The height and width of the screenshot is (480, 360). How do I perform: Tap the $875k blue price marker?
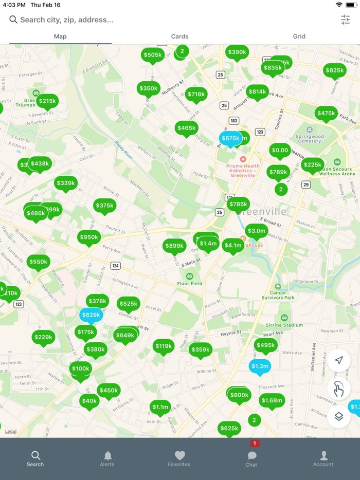pyautogui.click(x=230, y=138)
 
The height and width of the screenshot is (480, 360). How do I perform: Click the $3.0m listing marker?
pyautogui.click(x=256, y=231)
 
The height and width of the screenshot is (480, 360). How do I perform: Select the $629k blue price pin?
pyautogui.click(x=91, y=315)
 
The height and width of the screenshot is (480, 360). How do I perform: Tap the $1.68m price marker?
pyautogui.click(x=272, y=400)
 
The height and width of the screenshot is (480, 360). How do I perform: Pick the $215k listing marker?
pyautogui.click(x=47, y=101)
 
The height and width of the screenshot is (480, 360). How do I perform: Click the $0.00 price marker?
pyautogui.click(x=280, y=151)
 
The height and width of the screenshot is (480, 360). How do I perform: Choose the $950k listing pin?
pyautogui.click(x=89, y=237)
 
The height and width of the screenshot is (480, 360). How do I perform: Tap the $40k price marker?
pyautogui.click(x=89, y=401)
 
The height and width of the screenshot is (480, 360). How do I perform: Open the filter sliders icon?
pyautogui.click(x=345, y=20)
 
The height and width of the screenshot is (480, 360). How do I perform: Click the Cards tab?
pyautogui.click(x=179, y=36)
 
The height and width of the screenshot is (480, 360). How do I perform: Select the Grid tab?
pyautogui.click(x=299, y=36)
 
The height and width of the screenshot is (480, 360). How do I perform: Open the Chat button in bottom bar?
pyautogui.click(x=251, y=458)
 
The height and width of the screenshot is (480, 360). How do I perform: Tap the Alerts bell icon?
pyautogui.click(x=107, y=458)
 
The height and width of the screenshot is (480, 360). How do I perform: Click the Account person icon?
pyautogui.click(x=323, y=458)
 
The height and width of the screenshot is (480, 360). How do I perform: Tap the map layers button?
pyautogui.click(x=338, y=416)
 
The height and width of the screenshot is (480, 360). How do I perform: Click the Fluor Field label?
pyautogui.click(x=190, y=283)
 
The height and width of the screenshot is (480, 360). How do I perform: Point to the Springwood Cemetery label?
pyautogui.click(x=309, y=138)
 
